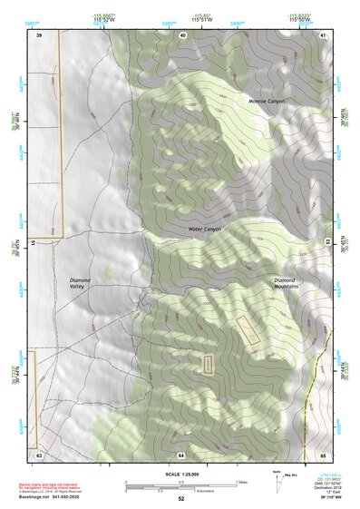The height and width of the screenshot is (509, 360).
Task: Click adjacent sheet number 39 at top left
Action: [x=39, y=34]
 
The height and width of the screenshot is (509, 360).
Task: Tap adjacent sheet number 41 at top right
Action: [x=324, y=34]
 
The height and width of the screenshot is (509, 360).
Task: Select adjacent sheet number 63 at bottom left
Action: [x=39, y=453]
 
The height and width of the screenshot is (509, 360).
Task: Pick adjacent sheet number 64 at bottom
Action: [x=181, y=453]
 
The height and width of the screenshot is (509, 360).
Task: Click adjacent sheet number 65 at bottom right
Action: [x=323, y=453]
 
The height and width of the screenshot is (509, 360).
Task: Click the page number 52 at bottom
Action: [x=181, y=500]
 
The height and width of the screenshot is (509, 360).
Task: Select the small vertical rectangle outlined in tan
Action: [x=209, y=365]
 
